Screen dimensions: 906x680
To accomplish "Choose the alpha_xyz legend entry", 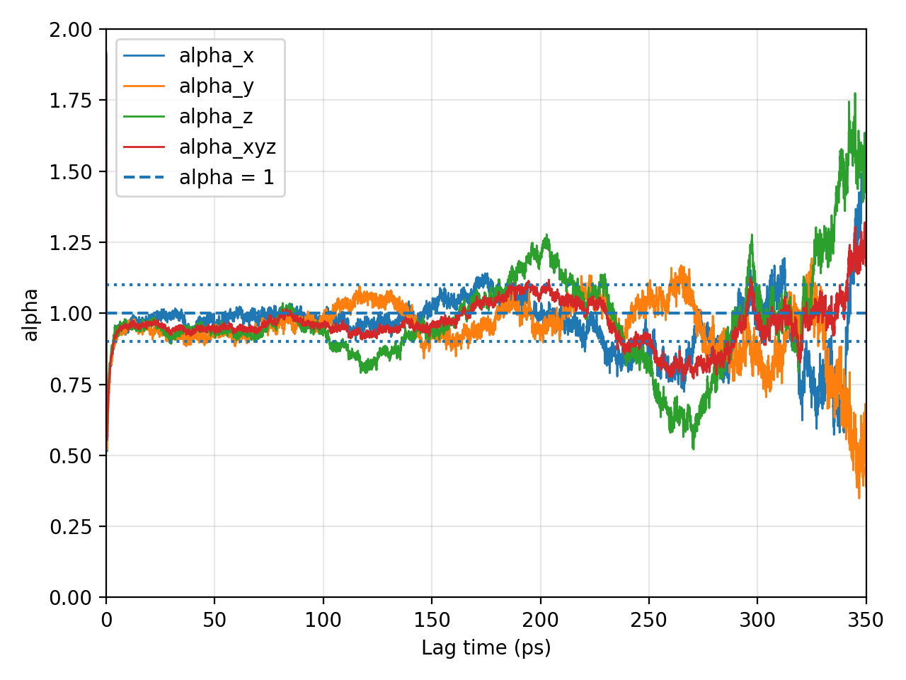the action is tap(200, 147).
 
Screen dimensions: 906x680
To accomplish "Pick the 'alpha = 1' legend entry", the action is tap(198, 178).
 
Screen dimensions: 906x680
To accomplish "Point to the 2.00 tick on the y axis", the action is tap(71, 30).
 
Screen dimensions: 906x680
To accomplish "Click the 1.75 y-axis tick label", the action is tap(71, 101).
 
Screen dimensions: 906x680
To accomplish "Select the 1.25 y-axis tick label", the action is tap(71, 243).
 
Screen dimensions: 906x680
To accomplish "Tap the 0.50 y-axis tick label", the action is tap(71, 456).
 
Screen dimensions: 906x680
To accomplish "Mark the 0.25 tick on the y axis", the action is tap(71, 527).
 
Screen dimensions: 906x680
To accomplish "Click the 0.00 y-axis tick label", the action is tap(71, 599).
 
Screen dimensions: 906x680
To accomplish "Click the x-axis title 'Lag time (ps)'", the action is tap(486, 648).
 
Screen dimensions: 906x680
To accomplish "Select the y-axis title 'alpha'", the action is tap(30, 315).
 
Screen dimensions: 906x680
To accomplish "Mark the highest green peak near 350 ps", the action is tap(855, 93).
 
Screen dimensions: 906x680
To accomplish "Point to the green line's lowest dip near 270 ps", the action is tap(693, 449).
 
